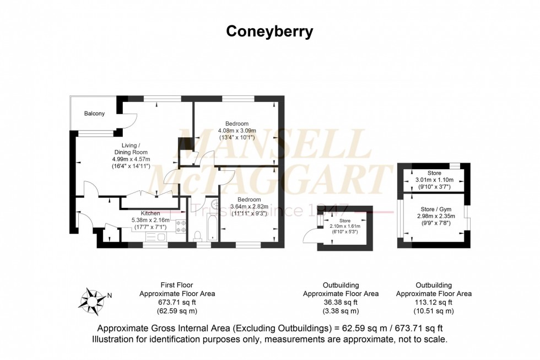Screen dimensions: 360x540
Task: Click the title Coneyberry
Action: pos(269,31)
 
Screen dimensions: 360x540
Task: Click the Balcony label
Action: pos(94,114)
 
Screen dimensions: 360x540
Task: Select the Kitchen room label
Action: pos(150,213)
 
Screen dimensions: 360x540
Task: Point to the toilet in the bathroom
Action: pos(198,235)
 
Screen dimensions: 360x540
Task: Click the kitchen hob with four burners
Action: pos(180,226)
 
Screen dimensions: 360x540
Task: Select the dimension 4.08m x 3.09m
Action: pos(237,130)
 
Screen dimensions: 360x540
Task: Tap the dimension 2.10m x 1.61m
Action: pos(345,226)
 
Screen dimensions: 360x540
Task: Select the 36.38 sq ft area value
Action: pos(341,302)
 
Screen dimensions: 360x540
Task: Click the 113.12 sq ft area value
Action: pos(434,302)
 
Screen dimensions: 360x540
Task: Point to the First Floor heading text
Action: pos(177,285)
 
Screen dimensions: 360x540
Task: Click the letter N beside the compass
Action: pos(109,295)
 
